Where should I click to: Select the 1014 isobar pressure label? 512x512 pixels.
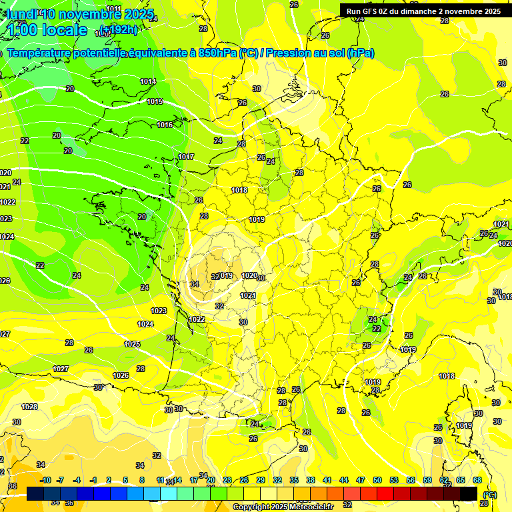(x=148, y=81)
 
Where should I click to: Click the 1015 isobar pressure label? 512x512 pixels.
(x=155, y=101)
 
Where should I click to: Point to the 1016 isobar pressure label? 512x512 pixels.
(x=165, y=125)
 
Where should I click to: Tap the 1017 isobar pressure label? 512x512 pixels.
(x=186, y=157)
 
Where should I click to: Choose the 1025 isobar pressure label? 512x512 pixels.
(x=132, y=344)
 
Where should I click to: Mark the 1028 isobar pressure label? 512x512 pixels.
(x=29, y=407)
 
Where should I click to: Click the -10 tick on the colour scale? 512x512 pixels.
(x=45, y=480)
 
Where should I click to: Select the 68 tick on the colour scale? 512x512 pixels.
(x=477, y=480)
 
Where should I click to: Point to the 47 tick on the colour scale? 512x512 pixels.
(x=361, y=480)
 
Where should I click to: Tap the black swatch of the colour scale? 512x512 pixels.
(x=469, y=493)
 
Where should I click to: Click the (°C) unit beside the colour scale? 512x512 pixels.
(x=490, y=494)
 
